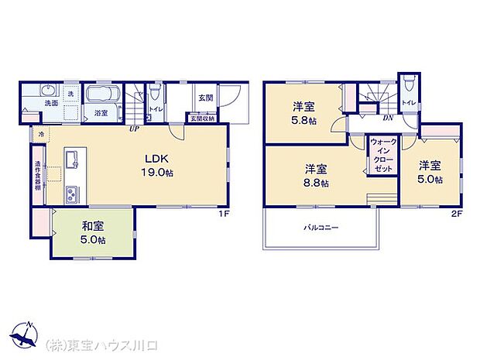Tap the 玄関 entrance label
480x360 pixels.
coord(205,98)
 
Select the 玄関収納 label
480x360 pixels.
coord(202,118)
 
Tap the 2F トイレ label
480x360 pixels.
coord(408,102)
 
